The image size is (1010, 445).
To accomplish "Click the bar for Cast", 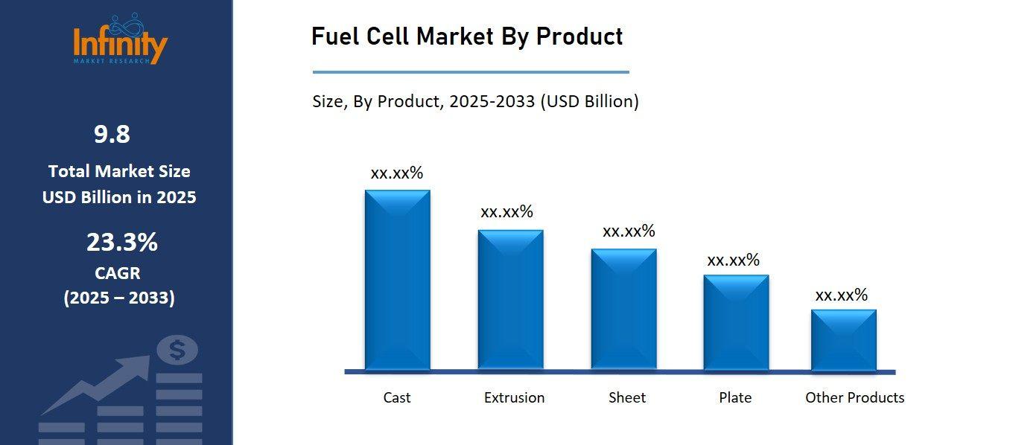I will [x=397, y=279].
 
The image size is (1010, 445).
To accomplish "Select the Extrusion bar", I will [x=510, y=299].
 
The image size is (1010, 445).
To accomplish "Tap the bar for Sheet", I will [x=623, y=309].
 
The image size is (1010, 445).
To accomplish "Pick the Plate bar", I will [x=736, y=322].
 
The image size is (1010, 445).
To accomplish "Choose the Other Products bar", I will [x=843, y=339].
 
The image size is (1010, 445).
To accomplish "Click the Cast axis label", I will [x=397, y=397].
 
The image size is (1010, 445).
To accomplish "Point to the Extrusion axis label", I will [x=514, y=397].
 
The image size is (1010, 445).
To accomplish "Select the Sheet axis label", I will [x=627, y=397].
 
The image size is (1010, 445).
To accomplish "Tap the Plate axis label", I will [x=735, y=397].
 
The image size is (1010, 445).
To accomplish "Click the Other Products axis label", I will [x=854, y=397].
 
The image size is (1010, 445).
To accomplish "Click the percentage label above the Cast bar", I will [x=397, y=173].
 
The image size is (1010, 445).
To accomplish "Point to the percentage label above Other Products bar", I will [x=842, y=295].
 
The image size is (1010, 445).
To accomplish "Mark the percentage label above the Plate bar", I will [x=733, y=260].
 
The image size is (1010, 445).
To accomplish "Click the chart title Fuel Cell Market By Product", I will [x=467, y=36].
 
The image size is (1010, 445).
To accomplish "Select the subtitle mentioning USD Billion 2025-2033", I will [x=475, y=101].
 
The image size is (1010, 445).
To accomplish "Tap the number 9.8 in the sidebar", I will [x=112, y=134].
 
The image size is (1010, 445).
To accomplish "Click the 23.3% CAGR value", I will [x=122, y=242].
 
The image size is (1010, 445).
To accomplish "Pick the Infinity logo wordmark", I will [x=120, y=45].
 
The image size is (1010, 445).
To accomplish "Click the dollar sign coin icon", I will [x=177, y=349].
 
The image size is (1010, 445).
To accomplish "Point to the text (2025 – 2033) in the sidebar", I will [x=119, y=298].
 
